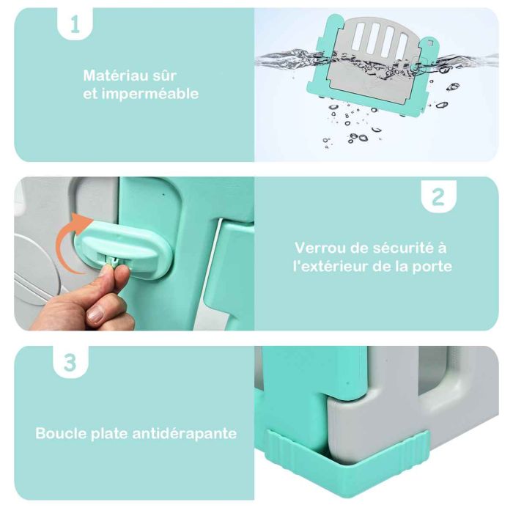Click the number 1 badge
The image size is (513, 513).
point(75,23)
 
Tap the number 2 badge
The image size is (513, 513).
point(438,196)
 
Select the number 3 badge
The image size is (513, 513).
point(70,363)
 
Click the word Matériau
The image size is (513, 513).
point(111,75)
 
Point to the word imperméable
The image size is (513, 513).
point(150,95)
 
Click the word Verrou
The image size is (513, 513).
point(320,248)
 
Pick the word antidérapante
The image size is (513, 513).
point(185,434)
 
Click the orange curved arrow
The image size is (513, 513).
point(70,240)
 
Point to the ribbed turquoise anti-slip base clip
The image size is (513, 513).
point(347,461)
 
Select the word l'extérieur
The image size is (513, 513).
point(331,267)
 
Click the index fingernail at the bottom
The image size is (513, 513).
point(95,315)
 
